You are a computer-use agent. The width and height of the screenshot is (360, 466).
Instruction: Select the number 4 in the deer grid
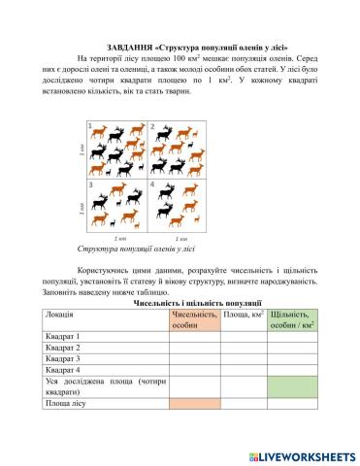[152, 184]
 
